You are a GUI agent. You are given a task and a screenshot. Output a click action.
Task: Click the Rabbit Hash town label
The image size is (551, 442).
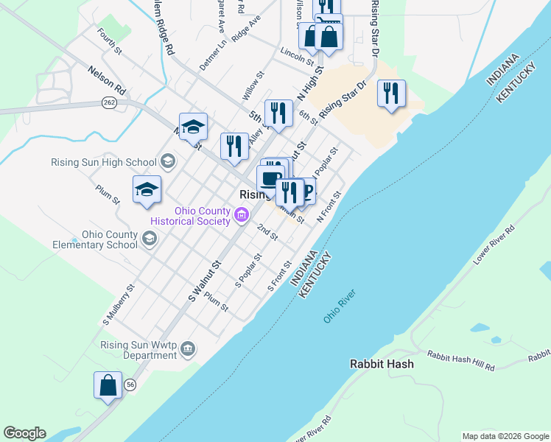point(381,364)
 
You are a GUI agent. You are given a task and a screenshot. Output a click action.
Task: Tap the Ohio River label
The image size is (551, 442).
point(340,306)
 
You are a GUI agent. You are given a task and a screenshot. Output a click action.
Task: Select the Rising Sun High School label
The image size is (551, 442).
point(104,163)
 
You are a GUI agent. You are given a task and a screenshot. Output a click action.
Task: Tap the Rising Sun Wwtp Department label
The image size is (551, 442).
point(139,350)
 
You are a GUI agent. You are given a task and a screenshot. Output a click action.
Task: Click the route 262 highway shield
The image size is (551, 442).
point(110,102)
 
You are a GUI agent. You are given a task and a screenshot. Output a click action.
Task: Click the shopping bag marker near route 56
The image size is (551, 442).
point(108,385)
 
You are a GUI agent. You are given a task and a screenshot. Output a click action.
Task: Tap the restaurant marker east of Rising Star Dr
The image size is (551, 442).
point(391,94)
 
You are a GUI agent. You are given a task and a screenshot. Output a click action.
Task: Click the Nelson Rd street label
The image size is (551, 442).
point(107,80)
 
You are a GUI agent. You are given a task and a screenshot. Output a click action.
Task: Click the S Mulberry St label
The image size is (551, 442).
point(119,305)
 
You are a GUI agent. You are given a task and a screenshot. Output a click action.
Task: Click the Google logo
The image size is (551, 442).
point(24,433)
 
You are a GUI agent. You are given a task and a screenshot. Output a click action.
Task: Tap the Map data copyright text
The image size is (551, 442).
point(505,436)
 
